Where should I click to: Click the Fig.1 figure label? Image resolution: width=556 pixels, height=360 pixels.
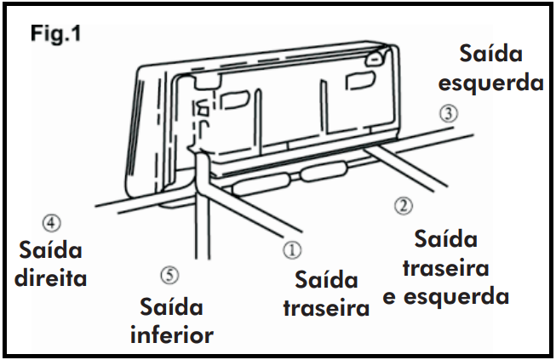pos(56,34)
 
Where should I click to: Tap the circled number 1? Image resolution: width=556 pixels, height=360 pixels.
pos(293,250)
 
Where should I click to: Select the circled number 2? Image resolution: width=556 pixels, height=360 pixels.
pos(404,205)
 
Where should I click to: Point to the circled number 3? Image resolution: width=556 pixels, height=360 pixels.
pos(449,114)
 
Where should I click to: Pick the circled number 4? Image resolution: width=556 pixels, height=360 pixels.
pos(52,223)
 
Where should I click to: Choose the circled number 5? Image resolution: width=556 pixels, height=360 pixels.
pos(169,275)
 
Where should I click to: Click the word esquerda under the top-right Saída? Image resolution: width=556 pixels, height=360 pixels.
pos(490,83)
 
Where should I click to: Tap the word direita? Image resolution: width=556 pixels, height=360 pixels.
pos(51,277)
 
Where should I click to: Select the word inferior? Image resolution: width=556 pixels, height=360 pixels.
pos(172,334)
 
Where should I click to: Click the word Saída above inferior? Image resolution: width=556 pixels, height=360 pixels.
pos(172,306)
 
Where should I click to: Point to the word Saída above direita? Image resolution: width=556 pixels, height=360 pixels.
pos(51,249)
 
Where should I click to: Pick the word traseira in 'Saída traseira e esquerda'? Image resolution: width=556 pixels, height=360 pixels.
pos(446,267)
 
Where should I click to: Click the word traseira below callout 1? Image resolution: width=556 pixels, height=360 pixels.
pos(327,308)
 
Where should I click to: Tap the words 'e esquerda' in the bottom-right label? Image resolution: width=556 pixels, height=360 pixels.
pos(446,296)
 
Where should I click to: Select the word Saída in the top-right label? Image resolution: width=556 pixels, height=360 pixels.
pos(490,54)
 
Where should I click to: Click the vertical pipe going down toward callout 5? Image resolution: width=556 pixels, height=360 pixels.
pos(203,213)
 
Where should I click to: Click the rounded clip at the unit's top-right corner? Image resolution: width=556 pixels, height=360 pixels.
pos(375,57)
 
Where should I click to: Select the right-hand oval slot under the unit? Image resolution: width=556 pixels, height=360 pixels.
pos(324,171)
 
